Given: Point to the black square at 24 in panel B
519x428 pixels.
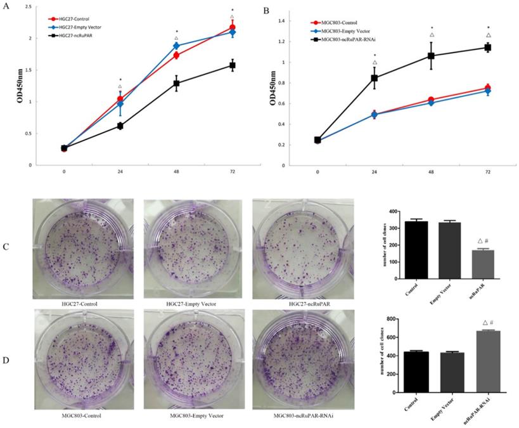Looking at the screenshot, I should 375,78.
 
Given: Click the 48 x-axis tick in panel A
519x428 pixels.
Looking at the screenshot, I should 176,172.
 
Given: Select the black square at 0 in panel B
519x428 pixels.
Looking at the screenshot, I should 317,140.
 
